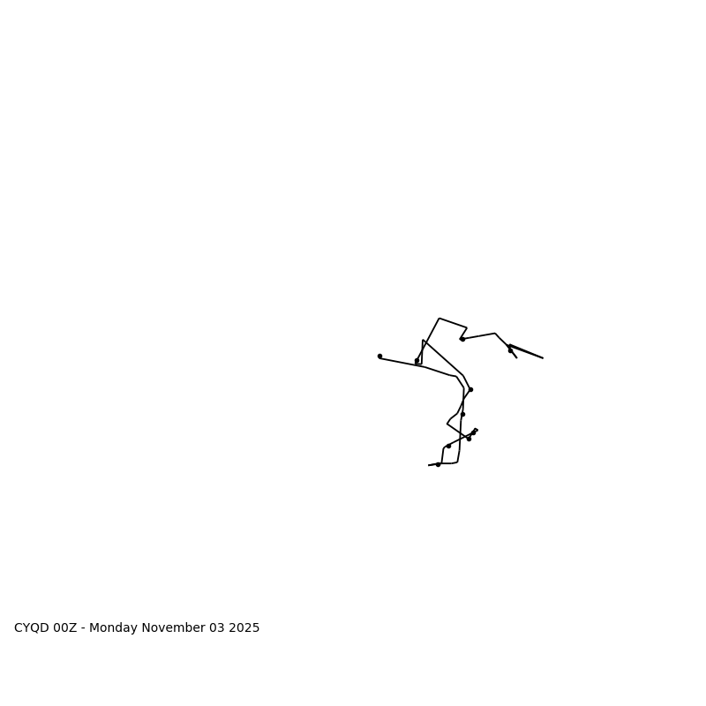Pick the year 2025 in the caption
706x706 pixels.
point(244,628)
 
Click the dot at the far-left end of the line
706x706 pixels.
point(379,357)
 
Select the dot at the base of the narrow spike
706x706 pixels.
point(417,361)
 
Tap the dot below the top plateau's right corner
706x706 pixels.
point(462,339)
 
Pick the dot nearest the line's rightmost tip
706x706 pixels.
point(510,350)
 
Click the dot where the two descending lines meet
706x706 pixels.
point(470,389)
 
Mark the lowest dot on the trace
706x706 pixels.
point(438,464)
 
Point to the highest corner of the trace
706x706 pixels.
point(439,319)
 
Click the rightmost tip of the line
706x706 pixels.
point(543,358)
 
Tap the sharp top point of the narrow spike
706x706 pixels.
point(423,340)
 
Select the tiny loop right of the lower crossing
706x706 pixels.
point(476,430)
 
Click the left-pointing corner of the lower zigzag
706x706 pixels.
point(447,424)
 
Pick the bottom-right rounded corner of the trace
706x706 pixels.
point(457,461)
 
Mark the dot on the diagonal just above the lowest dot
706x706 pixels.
point(448,446)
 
